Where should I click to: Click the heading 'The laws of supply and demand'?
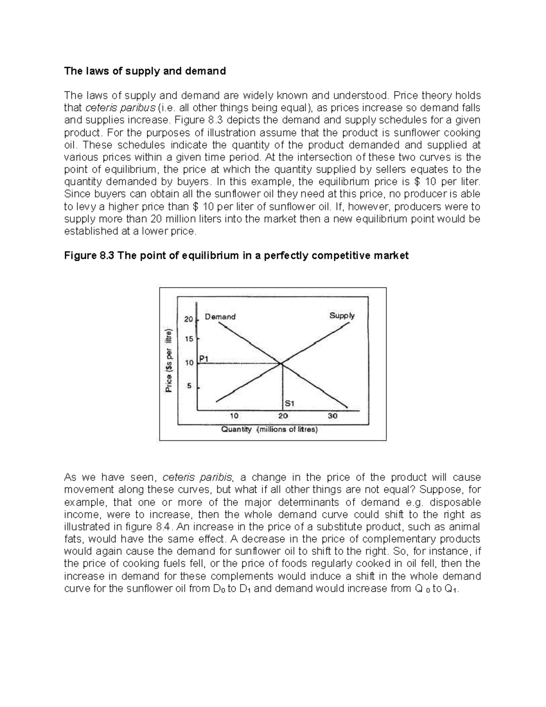click(x=145, y=71)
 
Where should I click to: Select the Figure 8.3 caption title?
click(x=236, y=255)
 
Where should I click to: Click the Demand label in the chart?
click(x=220, y=316)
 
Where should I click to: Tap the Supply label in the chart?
click(x=342, y=315)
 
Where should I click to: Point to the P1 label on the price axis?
click(x=204, y=358)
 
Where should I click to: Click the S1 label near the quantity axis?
click(x=290, y=403)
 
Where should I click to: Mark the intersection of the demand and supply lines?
click(x=282, y=363)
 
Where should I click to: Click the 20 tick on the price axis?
click(x=188, y=319)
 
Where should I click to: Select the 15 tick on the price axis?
click(x=188, y=339)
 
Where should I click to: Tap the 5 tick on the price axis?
click(x=190, y=386)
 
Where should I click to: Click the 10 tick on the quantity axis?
click(x=233, y=416)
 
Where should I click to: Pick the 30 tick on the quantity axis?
click(x=333, y=416)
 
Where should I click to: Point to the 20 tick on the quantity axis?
click(x=283, y=416)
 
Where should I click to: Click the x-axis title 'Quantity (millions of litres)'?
click(x=269, y=429)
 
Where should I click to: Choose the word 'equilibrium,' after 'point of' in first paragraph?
click(x=131, y=170)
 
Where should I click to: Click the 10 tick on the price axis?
click(x=188, y=363)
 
